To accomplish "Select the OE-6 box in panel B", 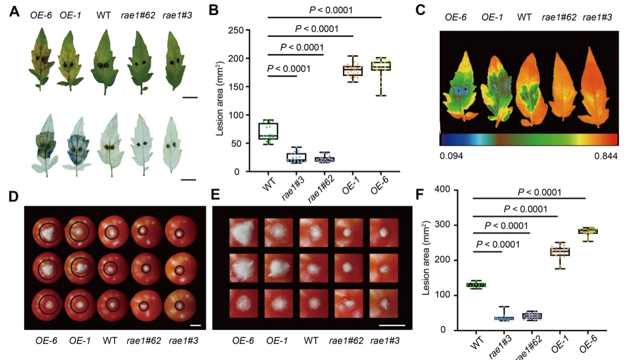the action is (x=381, y=66).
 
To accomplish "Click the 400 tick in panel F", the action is (x=443, y=189).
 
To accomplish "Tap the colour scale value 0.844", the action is (x=606, y=156).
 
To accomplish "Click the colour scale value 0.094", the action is (x=451, y=156).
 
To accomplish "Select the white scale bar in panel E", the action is (x=391, y=324).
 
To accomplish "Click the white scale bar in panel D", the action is (x=195, y=325).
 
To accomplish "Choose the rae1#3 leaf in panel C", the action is (x=594, y=87).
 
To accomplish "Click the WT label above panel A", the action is (x=103, y=15).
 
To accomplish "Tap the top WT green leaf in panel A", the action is (x=104, y=62).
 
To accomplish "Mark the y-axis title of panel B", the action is (x=220, y=98).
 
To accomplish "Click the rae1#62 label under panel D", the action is (x=144, y=341).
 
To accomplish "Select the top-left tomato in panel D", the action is (x=48, y=233).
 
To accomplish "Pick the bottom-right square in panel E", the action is (x=384, y=304).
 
